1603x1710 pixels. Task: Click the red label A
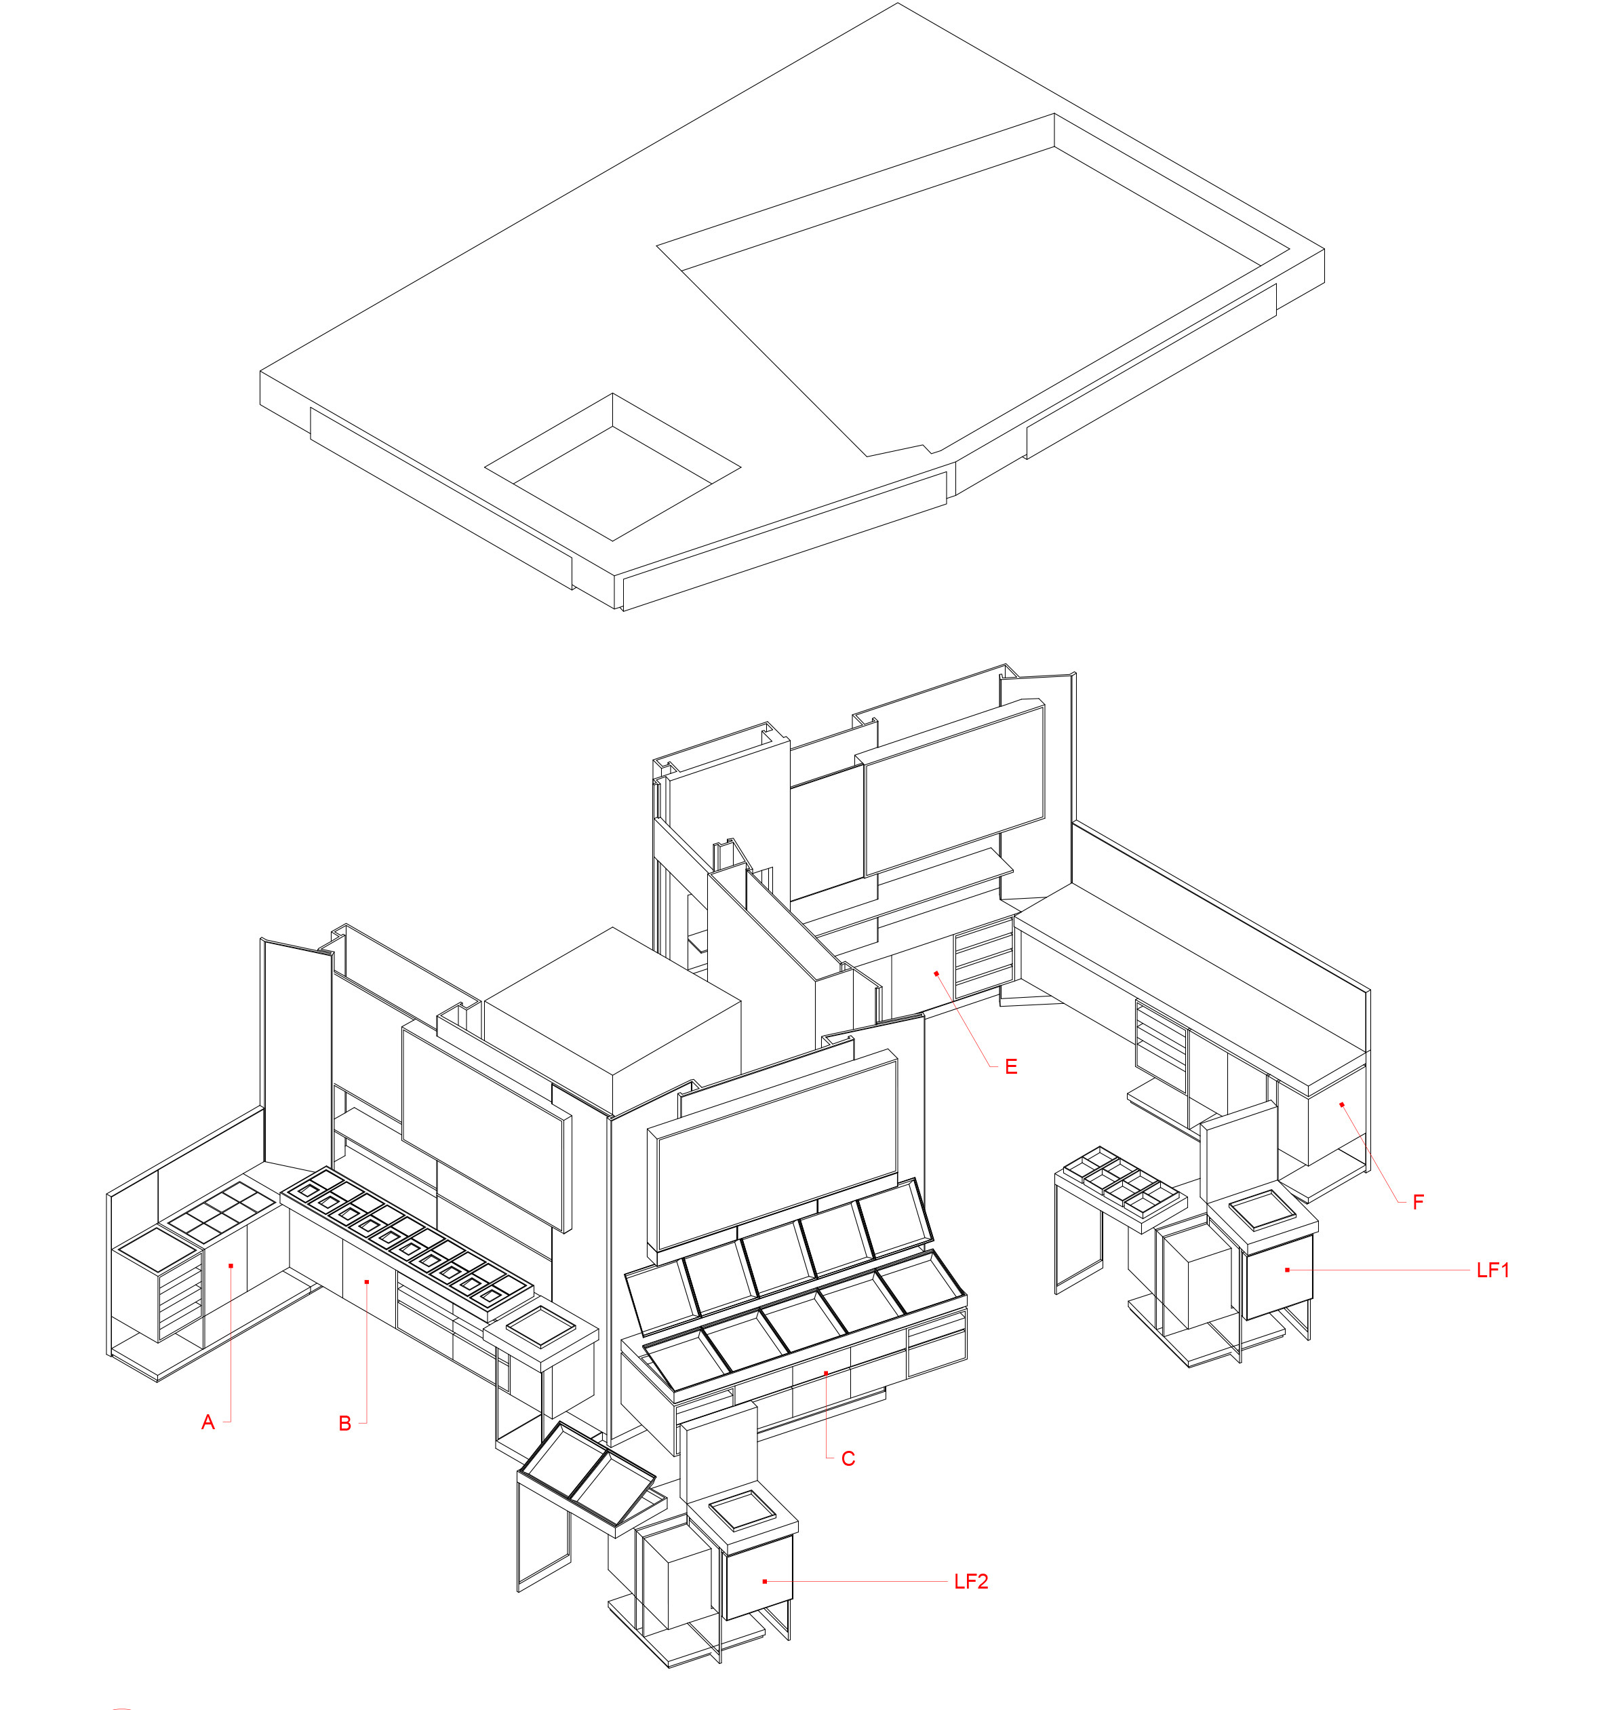tap(207, 1422)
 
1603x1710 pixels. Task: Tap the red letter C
tap(848, 1458)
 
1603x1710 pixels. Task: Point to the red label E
tap(1011, 1066)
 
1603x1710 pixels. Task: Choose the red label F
tap(1418, 1202)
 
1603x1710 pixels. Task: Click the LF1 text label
tap(1493, 1270)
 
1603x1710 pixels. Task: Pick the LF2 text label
tap(971, 1581)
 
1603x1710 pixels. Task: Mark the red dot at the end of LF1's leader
tap(1288, 1270)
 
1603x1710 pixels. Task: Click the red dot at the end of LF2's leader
tap(764, 1581)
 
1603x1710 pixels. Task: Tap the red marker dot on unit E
tap(936, 973)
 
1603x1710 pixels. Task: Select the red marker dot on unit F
tap(1341, 1104)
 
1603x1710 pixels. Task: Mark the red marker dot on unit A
tap(231, 1265)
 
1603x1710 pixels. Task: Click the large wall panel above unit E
tap(955, 787)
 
